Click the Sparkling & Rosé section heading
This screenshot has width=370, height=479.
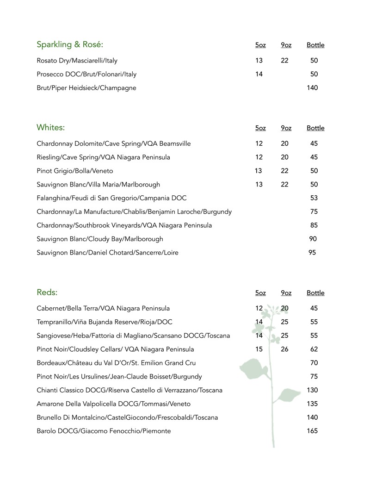click(x=70, y=44)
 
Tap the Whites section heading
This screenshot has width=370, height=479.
click(x=51, y=127)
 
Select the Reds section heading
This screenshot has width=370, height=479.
click(x=47, y=292)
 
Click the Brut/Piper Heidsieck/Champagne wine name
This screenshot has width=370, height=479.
click(x=86, y=88)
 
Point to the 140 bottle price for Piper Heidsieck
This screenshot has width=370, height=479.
click(x=312, y=88)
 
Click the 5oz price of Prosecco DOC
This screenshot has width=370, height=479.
click(x=259, y=74)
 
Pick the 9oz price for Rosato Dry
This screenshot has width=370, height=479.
click(x=284, y=61)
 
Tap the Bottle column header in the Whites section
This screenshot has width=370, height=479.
click(x=315, y=128)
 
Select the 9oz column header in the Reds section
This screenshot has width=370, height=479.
click(x=286, y=293)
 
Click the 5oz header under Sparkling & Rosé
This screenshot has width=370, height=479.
click(x=260, y=45)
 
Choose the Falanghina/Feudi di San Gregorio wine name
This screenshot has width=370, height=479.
click(x=111, y=198)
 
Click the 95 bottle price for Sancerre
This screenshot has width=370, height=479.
click(x=312, y=253)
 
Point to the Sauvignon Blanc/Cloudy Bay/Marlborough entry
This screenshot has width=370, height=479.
click(x=100, y=239)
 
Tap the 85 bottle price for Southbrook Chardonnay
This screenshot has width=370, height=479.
click(x=314, y=225)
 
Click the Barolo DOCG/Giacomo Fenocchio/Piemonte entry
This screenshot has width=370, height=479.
click(x=104, y=431)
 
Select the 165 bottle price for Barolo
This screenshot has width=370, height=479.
click(x=312, y=431)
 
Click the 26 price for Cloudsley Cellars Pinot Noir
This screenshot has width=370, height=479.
click(x=284, y=349)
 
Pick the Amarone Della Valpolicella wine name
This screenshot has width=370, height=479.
click(x=113, y=404)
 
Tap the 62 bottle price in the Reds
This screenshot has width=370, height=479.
click(x=314, y=349)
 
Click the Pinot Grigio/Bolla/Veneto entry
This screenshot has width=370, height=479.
click(x=75, y=171)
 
